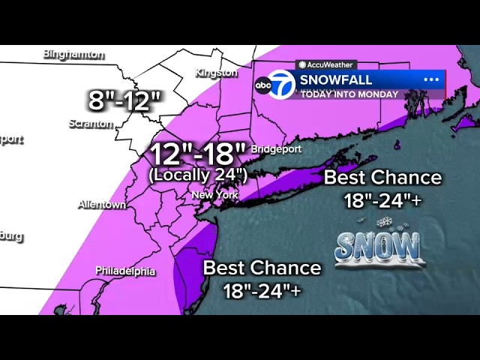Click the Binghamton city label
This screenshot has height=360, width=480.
(73, 54)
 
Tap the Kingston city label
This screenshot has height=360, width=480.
(216, 73)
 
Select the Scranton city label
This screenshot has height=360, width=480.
(91, 124)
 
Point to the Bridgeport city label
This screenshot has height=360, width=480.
(276, 148)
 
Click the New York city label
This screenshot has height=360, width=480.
(214, 195)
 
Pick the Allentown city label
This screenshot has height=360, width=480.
(102, 205)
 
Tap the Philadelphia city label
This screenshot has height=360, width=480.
(125, 271)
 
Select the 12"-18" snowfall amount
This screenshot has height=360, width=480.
(198, 154)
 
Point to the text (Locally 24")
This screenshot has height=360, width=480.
(198, 175)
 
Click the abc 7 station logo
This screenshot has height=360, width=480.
(274, 85)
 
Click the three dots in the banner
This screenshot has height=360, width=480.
(431, 79)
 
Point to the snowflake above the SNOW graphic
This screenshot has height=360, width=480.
(385, 222)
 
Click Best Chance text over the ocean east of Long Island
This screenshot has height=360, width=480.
(382, 178)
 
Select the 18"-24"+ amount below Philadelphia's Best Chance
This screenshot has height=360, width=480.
(262, 290)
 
